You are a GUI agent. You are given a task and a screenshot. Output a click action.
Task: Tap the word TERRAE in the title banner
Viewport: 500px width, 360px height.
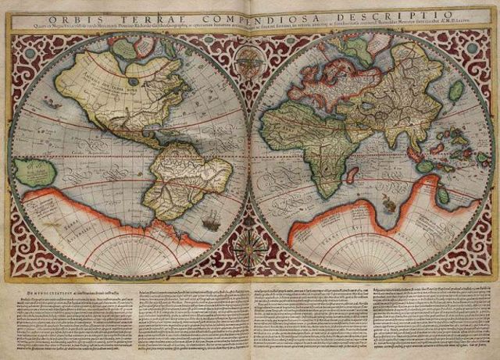click(141, 18)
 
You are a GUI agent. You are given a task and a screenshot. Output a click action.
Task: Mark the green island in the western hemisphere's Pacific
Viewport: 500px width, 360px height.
click(31, 173)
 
